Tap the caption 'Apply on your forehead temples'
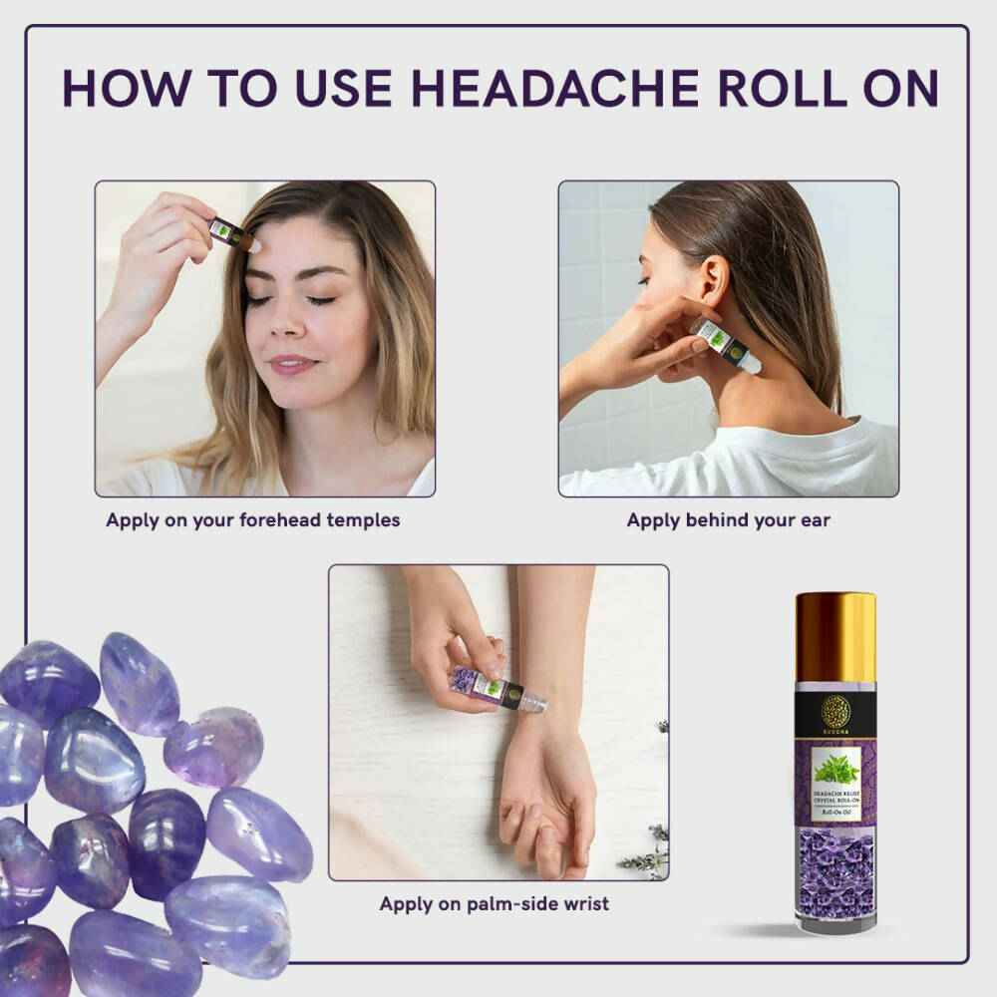pyautogui.click(x=252, y=520)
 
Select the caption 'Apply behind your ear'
pyautogui.click(x=728, y=520)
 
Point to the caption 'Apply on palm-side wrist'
pyautogui.click(x=494, y=904)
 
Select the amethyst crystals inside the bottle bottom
pyautogui.click(x=834, y=872)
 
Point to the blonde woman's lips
pyautogui.click(x=291, y=364)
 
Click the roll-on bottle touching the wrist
pyautogui.click(x=487, y=684)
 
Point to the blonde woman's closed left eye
pyautogui.click(x=319, y=299)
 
